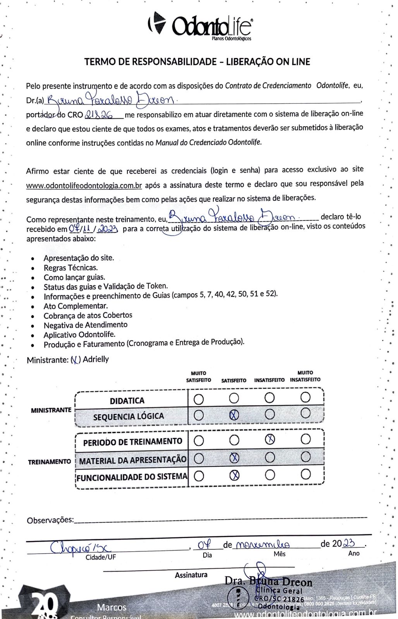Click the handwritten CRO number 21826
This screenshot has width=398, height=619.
(x=98, y=115)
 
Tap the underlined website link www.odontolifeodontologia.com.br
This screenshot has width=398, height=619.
(x=84, y=186)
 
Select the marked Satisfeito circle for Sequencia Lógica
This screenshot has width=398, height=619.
(x=234, y=415)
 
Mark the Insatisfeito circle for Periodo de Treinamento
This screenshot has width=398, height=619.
(x=270, y=439)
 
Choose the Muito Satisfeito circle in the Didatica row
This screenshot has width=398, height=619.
(x=199, y=398)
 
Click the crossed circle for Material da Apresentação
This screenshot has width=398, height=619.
(x=234, y=458)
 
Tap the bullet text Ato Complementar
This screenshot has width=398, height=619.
(x=75, y=306)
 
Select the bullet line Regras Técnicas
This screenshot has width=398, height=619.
(x=70, y=268)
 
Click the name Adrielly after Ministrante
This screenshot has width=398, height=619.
(x=96, y=359)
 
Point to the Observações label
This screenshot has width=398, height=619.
(x=50, y=520)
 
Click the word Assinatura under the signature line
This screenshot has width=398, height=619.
(x=191, y=575)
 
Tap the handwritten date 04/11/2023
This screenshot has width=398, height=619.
(x=94, y=229)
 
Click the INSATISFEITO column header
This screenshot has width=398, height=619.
(x=269, y=380)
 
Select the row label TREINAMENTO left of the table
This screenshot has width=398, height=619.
(x=49, y=462)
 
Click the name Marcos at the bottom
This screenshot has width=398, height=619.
(x=112, y=607)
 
